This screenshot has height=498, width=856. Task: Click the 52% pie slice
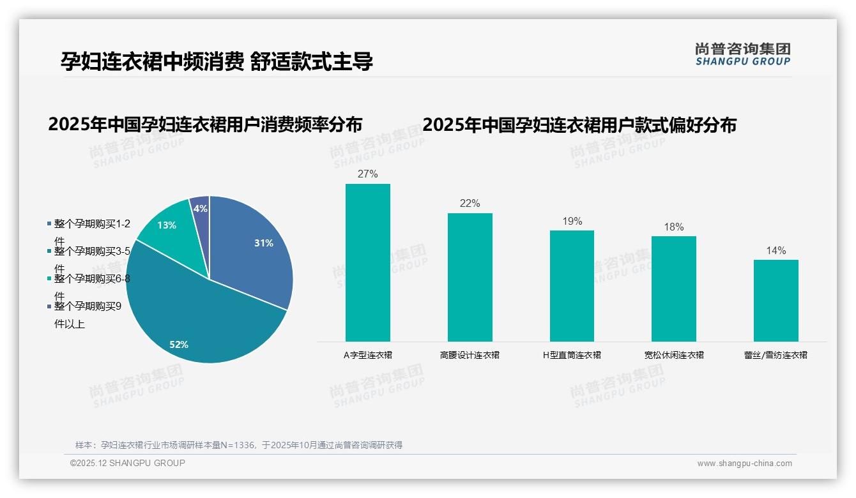click(192, 319)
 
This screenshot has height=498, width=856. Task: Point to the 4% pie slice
click(201, 208)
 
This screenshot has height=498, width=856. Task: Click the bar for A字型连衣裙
click(368, 262)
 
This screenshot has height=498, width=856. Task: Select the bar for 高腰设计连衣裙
click(470, 277)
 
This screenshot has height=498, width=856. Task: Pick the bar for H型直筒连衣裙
click(572, 285)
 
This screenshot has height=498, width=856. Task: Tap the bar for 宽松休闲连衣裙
click(674, 289)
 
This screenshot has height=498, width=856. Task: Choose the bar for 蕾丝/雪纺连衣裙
click(776, 300)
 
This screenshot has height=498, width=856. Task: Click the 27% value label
click(368, 174)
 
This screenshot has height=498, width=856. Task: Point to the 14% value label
click(776, 250)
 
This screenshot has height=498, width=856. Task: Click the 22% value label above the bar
click(470, 203)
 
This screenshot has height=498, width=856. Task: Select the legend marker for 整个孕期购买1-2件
click(50, 224)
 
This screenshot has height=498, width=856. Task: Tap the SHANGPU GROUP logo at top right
click(742, 54)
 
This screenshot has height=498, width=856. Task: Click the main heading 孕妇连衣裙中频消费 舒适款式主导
click(217, 61)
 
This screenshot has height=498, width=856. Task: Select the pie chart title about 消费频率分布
click(205, 124)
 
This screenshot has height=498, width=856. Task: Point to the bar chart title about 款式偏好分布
click(579, 124)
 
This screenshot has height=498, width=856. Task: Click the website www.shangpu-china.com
click(744, 464)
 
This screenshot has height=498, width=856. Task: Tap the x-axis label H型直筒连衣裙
click(572, 355)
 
